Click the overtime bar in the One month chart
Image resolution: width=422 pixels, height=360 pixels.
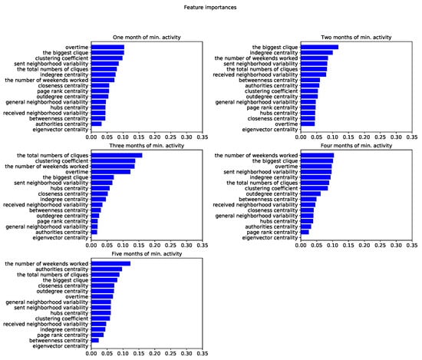coord(107,47)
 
